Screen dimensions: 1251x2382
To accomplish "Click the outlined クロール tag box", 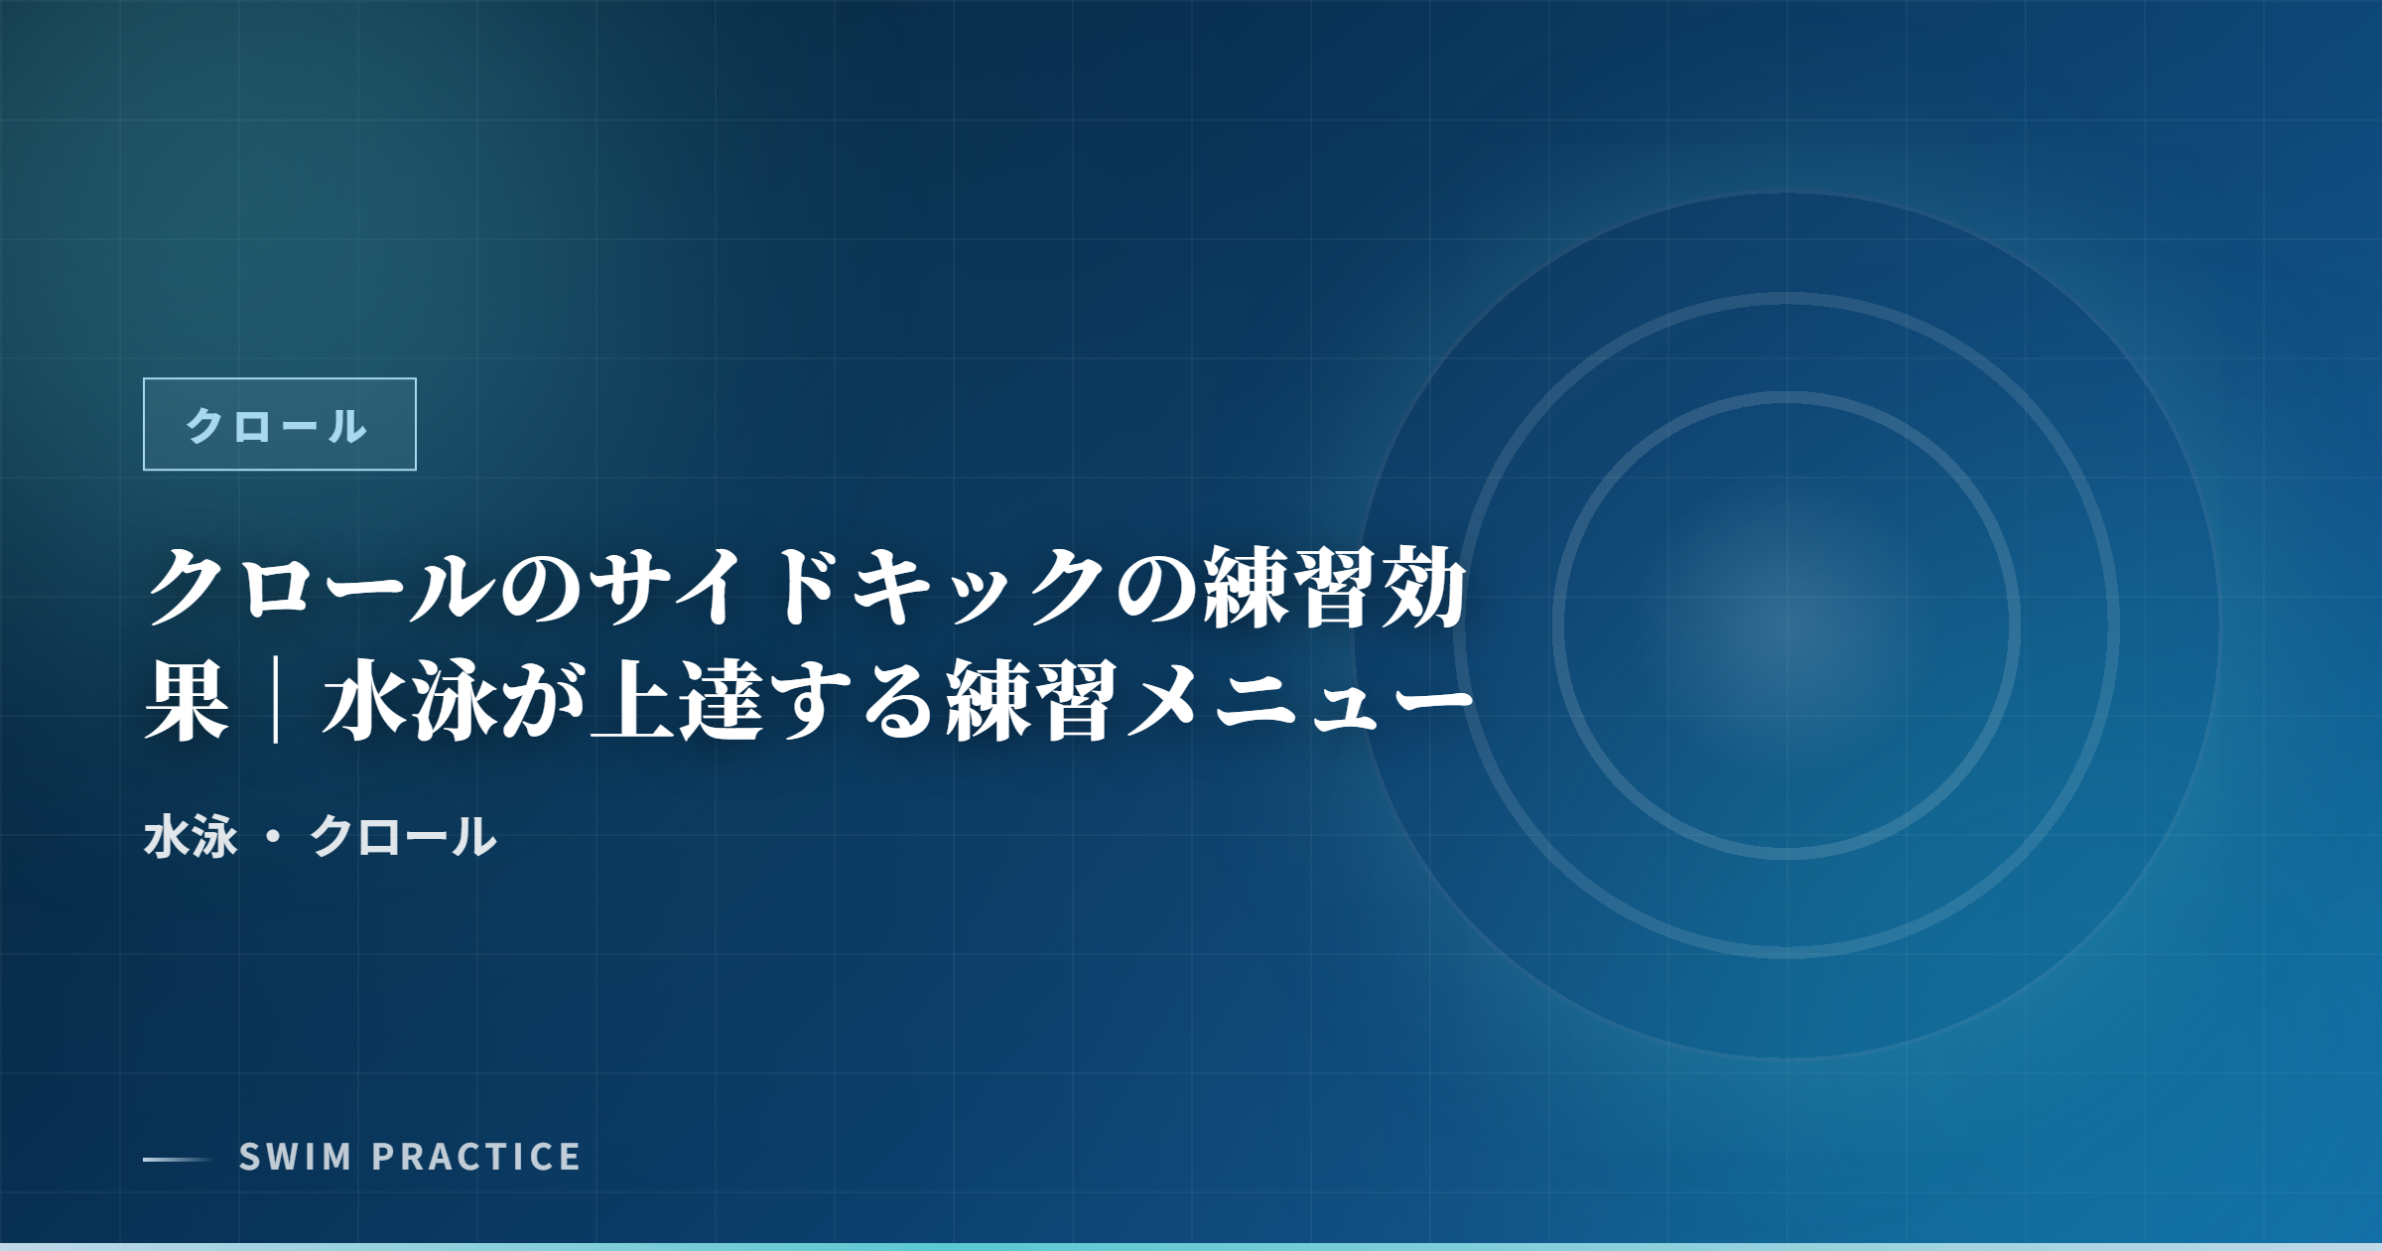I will click(x=279, y=424).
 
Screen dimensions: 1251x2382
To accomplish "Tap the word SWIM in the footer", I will click(x=296, y=1157).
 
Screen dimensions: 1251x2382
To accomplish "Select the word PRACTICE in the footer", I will click(x=476, y=1157).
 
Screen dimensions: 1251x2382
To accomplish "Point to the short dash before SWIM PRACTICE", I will click(x=177, y=1159).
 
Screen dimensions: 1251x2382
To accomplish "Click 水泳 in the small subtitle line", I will click(x=191, y=836).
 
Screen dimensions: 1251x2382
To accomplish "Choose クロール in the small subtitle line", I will click(x=402, y=836).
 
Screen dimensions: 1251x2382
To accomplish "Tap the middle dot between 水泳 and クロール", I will click(x=273, y=837).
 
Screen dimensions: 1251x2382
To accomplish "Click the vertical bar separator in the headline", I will click(x=276, y=701).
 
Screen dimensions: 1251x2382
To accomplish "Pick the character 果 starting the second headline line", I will click(x=187, y=701).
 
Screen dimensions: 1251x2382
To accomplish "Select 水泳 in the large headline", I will click(x=409, y=701).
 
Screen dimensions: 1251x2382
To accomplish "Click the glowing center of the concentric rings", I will click(x=1786, y=625).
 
